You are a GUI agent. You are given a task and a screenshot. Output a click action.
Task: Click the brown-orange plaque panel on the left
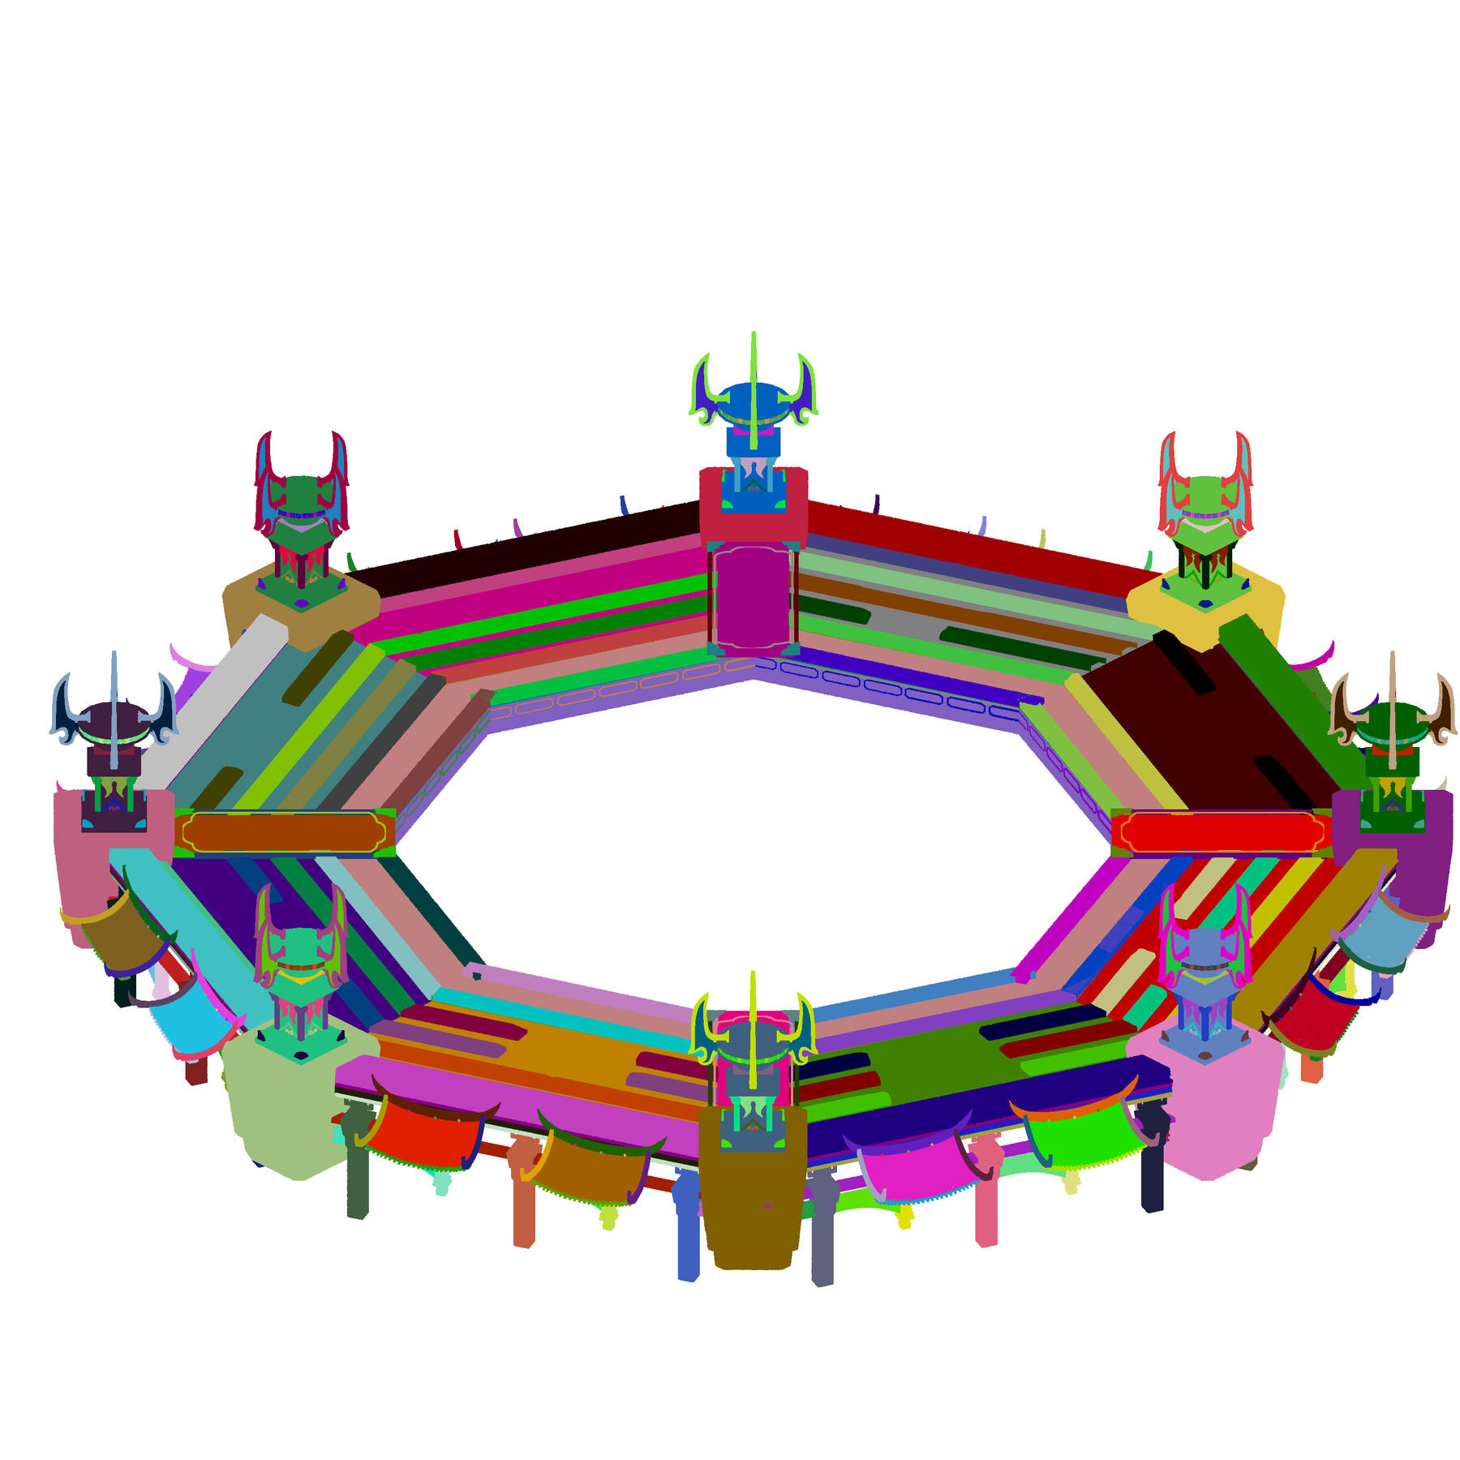pyautogui.click(x=284, y=832)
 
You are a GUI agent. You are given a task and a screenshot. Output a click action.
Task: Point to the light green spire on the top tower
pyautogui.click(x=754, y=381)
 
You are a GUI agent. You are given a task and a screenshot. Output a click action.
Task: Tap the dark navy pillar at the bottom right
pyautogui.click(x=1152, y=1176)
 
